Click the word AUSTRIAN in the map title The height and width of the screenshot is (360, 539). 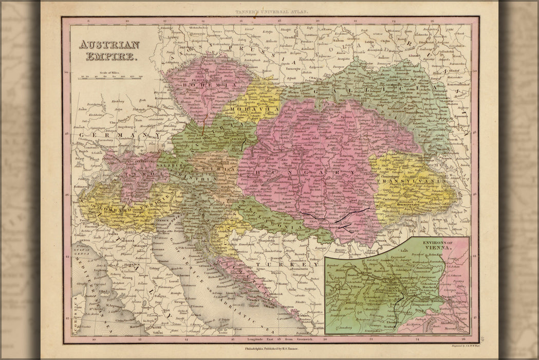click(108, 45)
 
